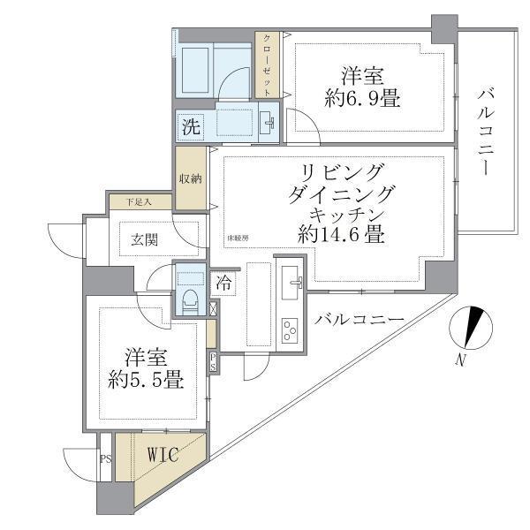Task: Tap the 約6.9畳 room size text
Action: (x=362, y=98)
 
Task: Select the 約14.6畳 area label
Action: (x=339, y=235)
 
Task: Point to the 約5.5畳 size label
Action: (x=147, y=381)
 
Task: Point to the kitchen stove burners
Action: (x=289, y=331)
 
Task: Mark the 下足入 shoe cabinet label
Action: (x=140, y=201)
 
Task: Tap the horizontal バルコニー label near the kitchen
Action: (x=359, y=319)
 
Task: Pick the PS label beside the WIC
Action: (x=105, y=459)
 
